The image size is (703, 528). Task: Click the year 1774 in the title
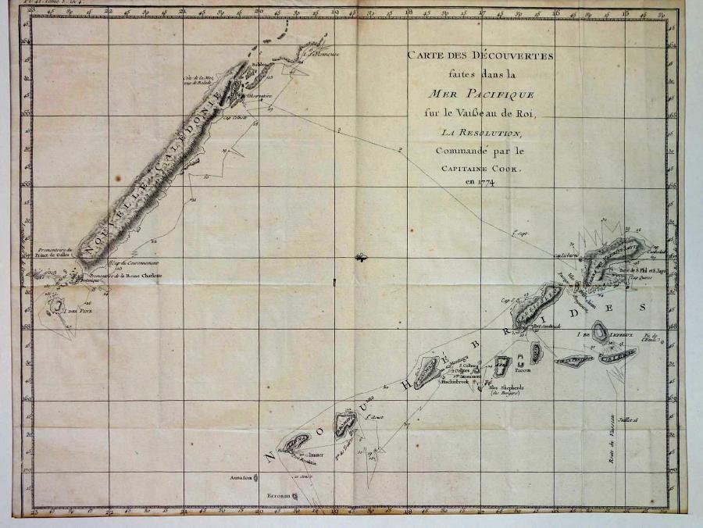[x=483, y=182]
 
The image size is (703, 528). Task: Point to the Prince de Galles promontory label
[x=55, y=251]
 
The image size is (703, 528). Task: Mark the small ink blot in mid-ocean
[x=360, y=257]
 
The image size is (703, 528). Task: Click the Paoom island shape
[x=536, y=351]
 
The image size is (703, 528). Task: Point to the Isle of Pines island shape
[x=56, y=305]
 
